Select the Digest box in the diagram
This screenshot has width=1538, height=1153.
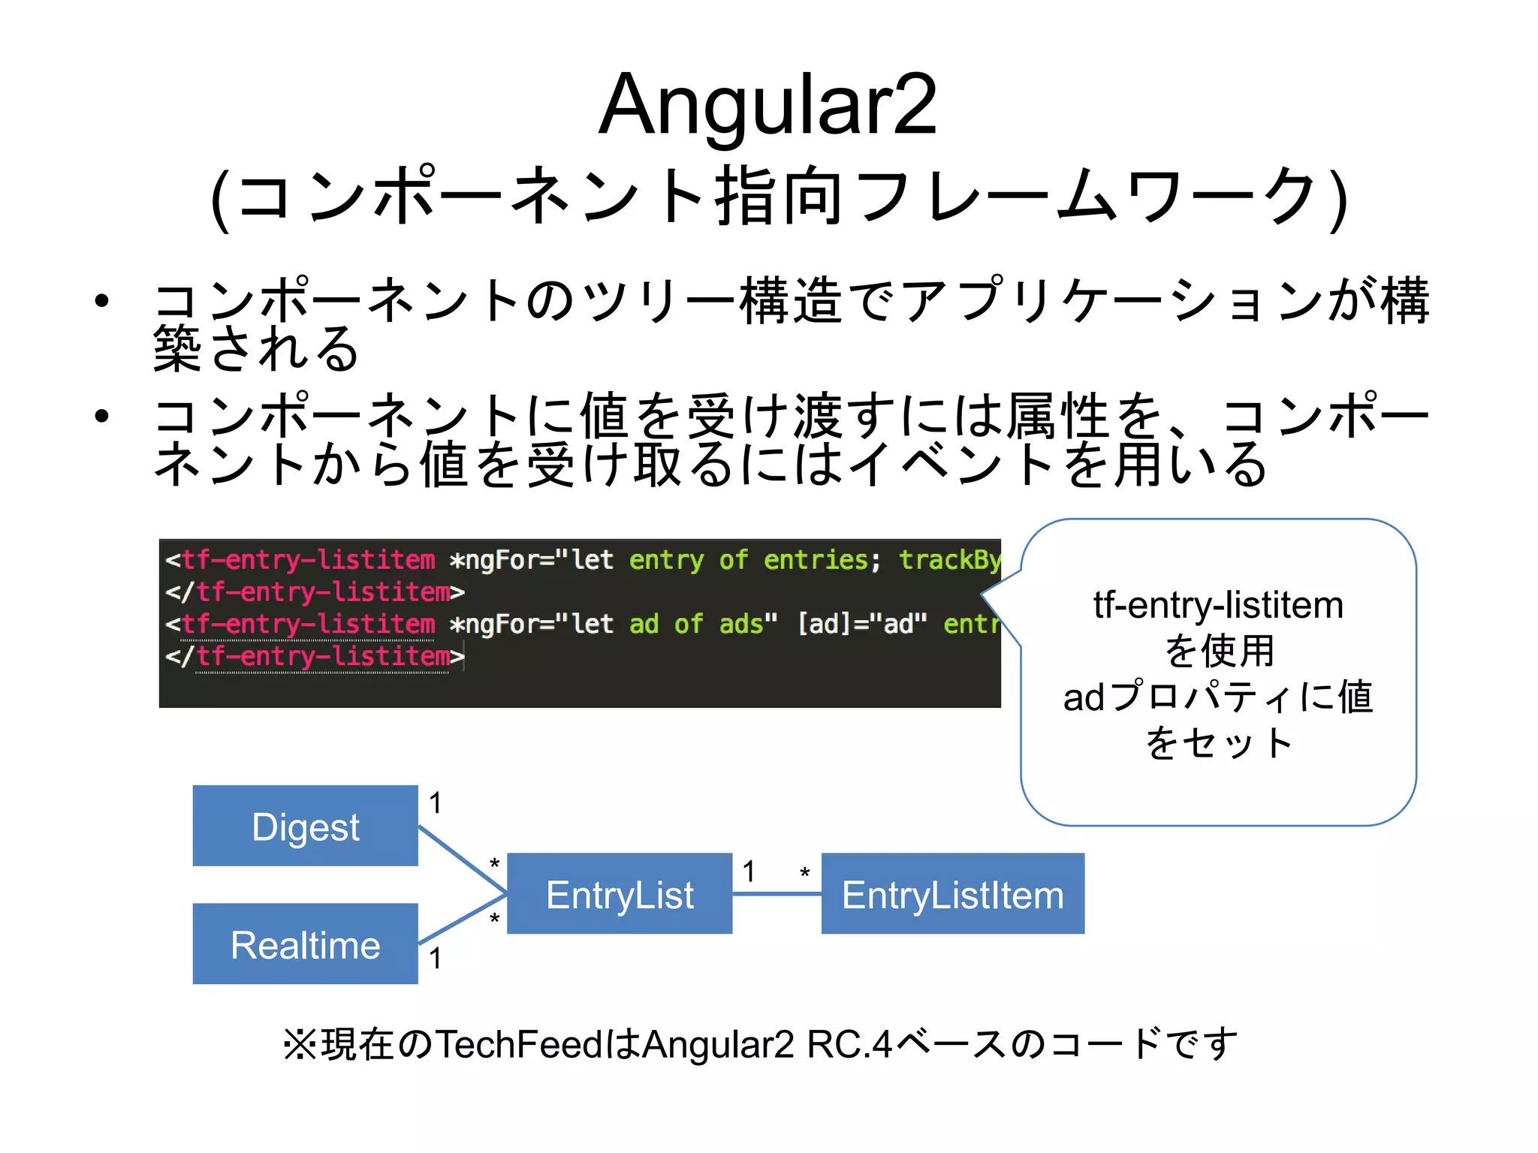(x=305, y=826)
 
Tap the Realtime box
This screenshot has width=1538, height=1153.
(x=305, y=944)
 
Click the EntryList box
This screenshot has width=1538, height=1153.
(x=620, y=894)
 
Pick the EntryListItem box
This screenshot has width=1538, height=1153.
(x=952, y=894)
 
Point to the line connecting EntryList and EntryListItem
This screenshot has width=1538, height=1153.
(x=777, y=893)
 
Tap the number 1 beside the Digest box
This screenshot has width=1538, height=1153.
(x=435, y=803)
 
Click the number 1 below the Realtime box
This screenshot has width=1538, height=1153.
(x=435, y=959)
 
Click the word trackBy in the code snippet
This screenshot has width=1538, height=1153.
(x=949, y=560)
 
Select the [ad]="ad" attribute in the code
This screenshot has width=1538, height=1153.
(x=861, y=624)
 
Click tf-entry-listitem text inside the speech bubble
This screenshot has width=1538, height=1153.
(x=1218, y=605)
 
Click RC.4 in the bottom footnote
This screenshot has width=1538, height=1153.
(x=849, y=1044)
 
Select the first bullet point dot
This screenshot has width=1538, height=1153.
(x=102, y=301)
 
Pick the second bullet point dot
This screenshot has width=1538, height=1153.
(x=102, y=416)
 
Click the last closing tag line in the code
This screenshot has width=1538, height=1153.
(x=315, y=657)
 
